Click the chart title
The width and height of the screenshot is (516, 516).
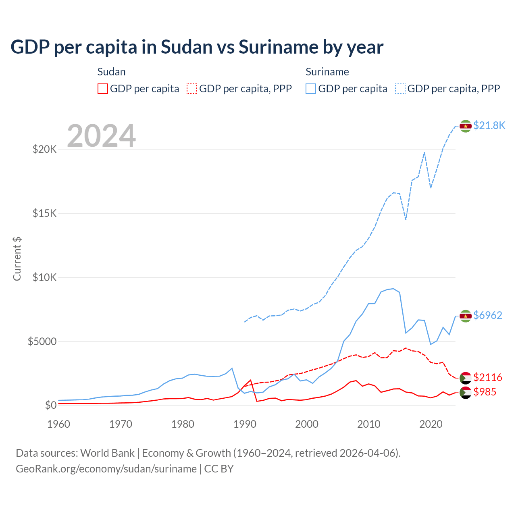tap(197, 47)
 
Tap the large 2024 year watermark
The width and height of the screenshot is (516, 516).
tap(101, 136)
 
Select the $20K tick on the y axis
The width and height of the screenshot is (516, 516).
tap(45, 150)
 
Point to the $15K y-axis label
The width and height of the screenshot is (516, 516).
tap(45, 213)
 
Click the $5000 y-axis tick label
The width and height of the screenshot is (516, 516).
tap(42, 341)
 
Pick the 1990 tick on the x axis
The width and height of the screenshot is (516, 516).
tap(245, 424)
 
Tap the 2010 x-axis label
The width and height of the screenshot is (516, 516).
tap(369, 424)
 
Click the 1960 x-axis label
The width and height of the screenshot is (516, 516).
tap(59, 424)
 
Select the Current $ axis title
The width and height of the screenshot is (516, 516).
tap(17, 259)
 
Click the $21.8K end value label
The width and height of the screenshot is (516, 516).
tap(489, 126)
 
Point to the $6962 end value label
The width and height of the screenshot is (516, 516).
tap(488, 315)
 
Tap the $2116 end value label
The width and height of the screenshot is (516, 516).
tap(488, 377)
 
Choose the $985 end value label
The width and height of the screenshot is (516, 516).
tap(485, 392)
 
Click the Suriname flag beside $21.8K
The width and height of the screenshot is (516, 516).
tap(466, 126)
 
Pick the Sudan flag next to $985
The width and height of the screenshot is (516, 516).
tap(466, 392)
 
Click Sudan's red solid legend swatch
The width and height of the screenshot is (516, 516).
tap(103, 89)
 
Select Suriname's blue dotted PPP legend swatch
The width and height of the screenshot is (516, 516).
tap(400, 89)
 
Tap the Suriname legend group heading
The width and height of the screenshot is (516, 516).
tap(327, 72)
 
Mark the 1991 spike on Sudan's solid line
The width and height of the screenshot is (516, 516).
tap(251, 380)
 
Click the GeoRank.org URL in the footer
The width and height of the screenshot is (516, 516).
tap(106, 469)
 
